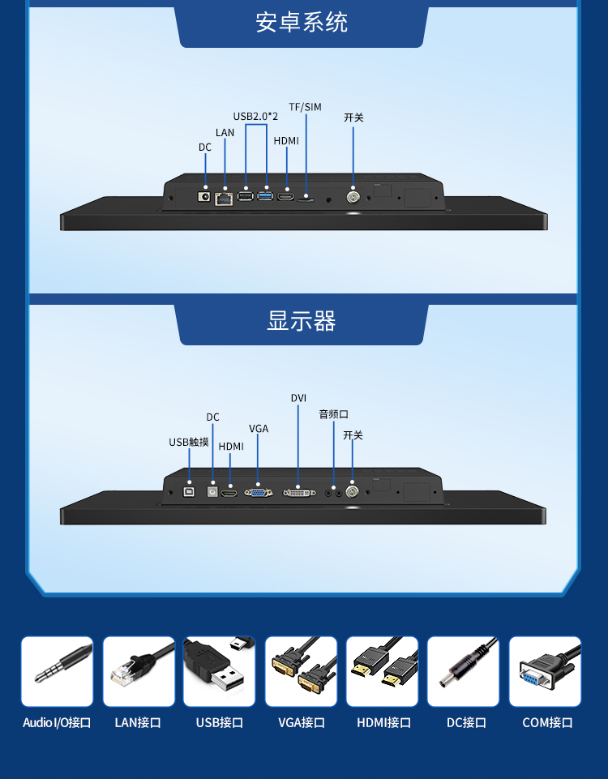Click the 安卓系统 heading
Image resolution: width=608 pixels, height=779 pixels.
point(302,23)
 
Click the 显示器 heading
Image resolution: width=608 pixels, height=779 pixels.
point(302,320)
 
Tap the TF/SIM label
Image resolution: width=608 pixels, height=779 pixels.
point(305,107)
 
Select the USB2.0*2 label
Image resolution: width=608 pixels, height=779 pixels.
point(255,116)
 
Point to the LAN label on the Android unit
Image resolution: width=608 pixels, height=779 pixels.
point(225,133)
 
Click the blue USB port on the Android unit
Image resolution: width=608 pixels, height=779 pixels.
point(265,195)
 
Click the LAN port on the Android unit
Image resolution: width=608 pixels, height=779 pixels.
point(224,199)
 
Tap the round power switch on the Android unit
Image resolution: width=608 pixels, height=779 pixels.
point(353,197)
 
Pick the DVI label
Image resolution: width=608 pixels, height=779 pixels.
point(298,398)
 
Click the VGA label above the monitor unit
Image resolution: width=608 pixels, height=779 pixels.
point(259,429)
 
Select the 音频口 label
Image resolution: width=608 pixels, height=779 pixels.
point(333,414)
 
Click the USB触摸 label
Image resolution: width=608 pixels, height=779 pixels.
point(189,442)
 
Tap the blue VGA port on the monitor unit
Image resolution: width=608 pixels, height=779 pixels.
point(259,492)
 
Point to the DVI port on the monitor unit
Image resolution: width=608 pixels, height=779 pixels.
point(299,492)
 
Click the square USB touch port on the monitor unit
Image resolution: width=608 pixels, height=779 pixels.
point(189,491)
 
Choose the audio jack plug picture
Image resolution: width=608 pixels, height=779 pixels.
point(57,671)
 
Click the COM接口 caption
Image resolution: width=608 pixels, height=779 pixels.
point(547,722)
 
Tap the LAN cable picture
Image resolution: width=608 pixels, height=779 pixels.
point(139,671)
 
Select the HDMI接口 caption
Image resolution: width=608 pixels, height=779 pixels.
point(383,722)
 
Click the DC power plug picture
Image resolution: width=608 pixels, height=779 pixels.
point(463,671)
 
